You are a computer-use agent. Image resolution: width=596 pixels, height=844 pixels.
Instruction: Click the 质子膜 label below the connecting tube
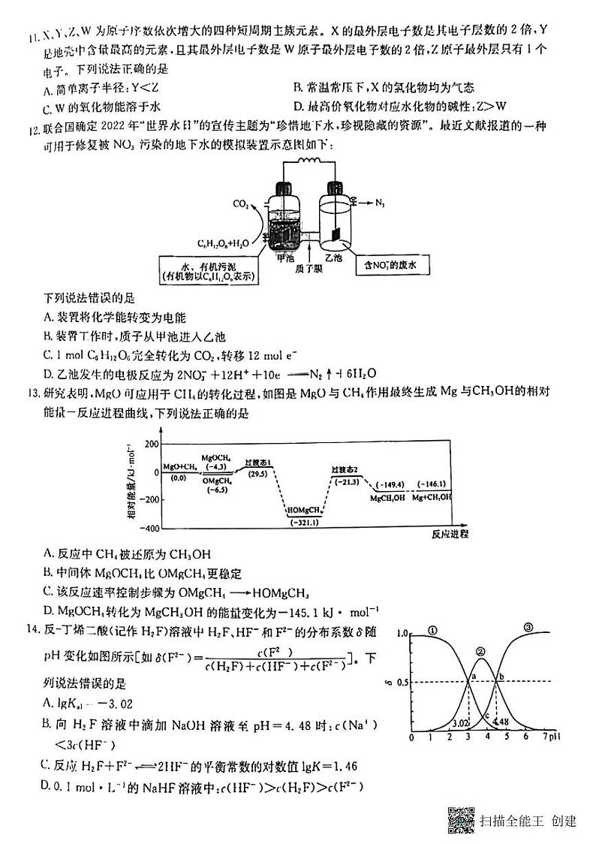coord(309,267)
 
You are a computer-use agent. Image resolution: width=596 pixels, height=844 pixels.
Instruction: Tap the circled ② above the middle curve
coord(480,652)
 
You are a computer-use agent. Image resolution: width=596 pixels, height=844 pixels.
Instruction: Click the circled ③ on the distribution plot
coord(528,628)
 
